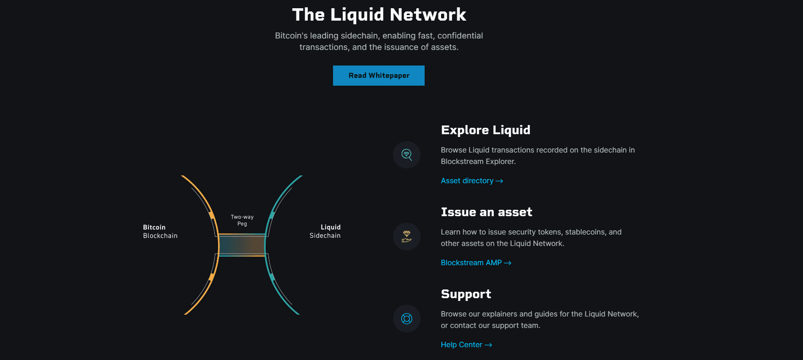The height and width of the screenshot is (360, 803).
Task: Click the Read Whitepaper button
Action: click(x=379, y=76)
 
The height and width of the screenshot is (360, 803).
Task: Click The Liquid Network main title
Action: click(x=379, y=15)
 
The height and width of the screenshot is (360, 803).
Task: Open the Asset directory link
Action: click(x=467, y=181)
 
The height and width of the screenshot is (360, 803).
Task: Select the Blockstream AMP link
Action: click(x=471, y=263)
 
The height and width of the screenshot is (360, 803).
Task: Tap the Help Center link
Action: click(x=461, y=345)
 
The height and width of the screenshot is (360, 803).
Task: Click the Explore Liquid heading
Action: click(x=486, y=130)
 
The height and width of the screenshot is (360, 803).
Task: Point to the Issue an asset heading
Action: click(x=486, y=212)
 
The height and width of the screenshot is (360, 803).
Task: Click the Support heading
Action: click(x=466, y=294)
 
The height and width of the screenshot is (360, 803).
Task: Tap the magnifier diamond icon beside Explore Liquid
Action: click(x=407, y=155)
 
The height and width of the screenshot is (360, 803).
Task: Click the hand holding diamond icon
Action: click(x=407, y=236)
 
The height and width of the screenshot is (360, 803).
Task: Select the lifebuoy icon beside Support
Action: click(x=407, y=318)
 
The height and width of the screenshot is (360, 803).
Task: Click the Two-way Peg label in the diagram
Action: click(x=242, y=220)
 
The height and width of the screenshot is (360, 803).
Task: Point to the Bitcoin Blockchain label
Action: click(x=160, y=231)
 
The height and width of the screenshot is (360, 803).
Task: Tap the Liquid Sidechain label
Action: click(x=325, y=231)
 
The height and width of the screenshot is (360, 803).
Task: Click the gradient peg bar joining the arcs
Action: click(x=241, y=245)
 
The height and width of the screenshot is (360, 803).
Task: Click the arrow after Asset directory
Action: click(x=499, y=181)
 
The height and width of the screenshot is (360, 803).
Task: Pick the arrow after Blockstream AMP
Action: click(x=508, y=263)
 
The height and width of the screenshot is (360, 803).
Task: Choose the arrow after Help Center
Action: click(x=488, y=345)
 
